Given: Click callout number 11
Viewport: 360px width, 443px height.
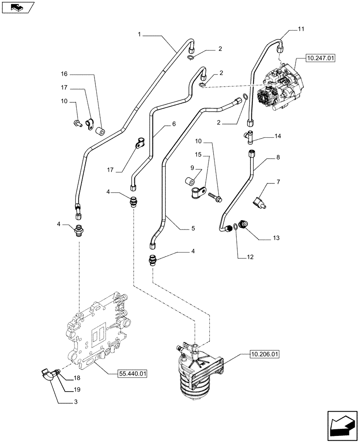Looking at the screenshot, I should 301,30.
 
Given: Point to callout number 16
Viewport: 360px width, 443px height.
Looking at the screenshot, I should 64,74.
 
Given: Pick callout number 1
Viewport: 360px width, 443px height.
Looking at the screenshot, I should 139,34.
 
